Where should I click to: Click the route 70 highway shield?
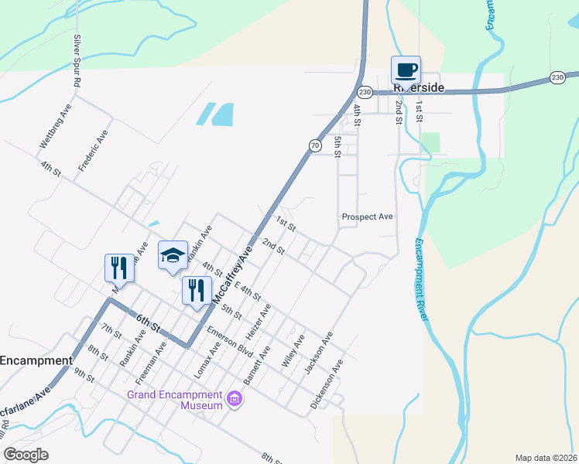click(314, 145)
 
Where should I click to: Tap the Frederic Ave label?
click(92, 151)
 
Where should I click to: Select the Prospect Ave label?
click(368, 217)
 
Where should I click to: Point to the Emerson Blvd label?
click(231, 341)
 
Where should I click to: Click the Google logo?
click(26, 454)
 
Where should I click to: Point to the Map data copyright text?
click(546, 457)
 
